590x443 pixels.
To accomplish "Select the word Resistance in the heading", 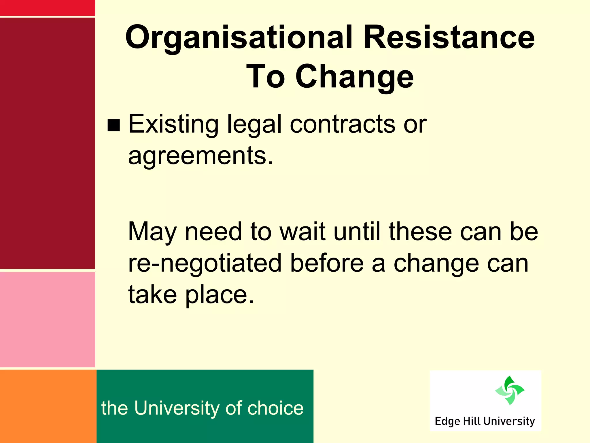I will (x=449, y=37).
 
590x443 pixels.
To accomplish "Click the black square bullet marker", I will (x=114, y=125).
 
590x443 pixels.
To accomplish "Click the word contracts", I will (x=343, y=124).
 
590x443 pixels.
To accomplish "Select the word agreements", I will (x=200, y=156).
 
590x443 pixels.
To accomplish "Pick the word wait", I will (x=302, y=232).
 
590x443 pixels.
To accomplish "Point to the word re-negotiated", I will (x=205, y=263).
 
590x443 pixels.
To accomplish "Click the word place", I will (x=220, y=295).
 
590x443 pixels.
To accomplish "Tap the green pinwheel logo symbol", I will (x=510, y=390).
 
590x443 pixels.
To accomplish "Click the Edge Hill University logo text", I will (x=485, y=421).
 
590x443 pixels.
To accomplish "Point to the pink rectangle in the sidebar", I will (x=47, y=320).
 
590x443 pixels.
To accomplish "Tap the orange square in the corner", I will (x=48, y=406).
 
